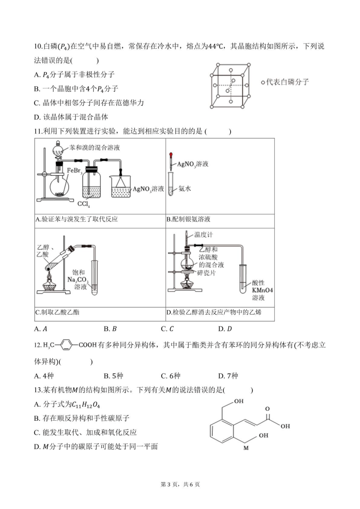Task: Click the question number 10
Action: (x=38, y=46)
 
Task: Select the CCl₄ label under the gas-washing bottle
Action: (x=83, y=204)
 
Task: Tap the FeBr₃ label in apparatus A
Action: (x=75, y=171)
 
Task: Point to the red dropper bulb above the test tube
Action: (x=170, y=155)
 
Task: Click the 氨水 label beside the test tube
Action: (x=185, y=188)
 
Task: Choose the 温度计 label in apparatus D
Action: (x=203, y=234)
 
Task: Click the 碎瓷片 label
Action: (x=206, y=272)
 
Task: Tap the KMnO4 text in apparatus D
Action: (x=262, y=290)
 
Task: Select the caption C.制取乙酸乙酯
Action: (x=57, y=312)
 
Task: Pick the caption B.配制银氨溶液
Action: (x=188, y=219)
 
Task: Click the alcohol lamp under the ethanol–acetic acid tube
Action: (x=49, y=283)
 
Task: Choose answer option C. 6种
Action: (x=171, y=376)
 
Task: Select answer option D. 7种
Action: (x=228, y=376)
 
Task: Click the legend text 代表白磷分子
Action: (x=287, y=82)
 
